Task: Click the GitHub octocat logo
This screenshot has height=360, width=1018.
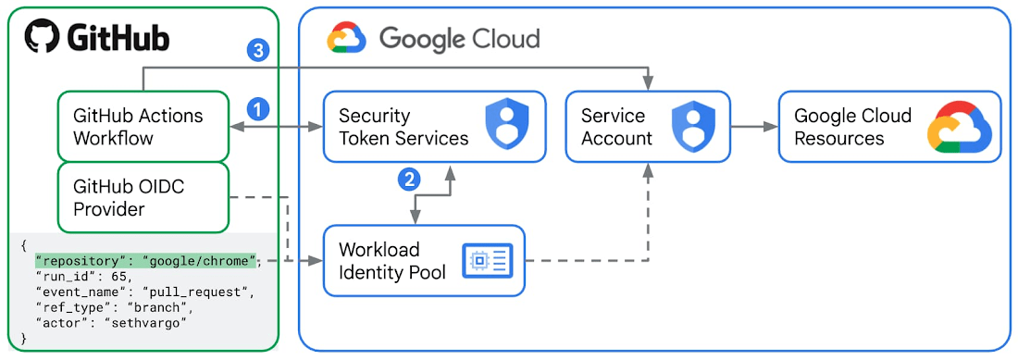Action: point(42,38)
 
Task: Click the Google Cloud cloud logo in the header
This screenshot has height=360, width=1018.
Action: point(346,39)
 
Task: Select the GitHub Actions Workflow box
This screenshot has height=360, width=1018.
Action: point(143,127)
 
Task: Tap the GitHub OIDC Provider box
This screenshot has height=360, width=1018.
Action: point(143,198)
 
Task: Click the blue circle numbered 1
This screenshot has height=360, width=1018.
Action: point(258,109)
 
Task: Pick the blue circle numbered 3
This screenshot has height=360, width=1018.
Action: point(258,51)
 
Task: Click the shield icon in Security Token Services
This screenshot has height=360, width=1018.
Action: point(505,126)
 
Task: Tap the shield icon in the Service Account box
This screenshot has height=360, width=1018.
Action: point(690,126)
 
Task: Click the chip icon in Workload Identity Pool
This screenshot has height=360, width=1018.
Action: point(479,261)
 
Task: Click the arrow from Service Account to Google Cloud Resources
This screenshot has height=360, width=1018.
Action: point(754,127)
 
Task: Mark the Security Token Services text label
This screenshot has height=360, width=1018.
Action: point(403,127)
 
